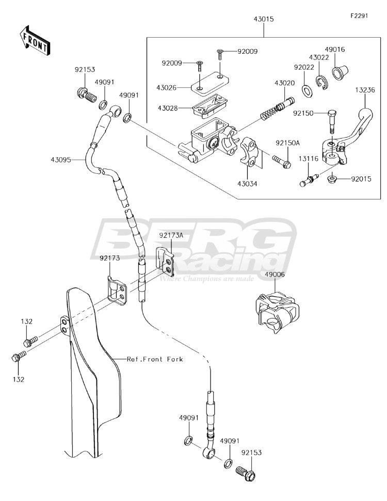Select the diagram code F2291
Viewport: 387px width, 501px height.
coord(359,16)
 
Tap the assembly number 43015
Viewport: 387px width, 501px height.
coord(264,19)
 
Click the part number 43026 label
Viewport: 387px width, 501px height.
coord(167,87)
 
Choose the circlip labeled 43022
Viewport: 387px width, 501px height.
coord(323,82)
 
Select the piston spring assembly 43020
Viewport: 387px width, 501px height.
coord(277,109)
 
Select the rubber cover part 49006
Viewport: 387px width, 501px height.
coord(277,312)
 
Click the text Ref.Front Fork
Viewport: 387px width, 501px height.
coord(155,359)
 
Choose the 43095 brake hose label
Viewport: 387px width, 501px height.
coord(60,159)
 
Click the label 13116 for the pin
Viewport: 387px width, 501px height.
coord(309,159)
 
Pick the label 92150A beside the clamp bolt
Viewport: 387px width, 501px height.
coord(288,143)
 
